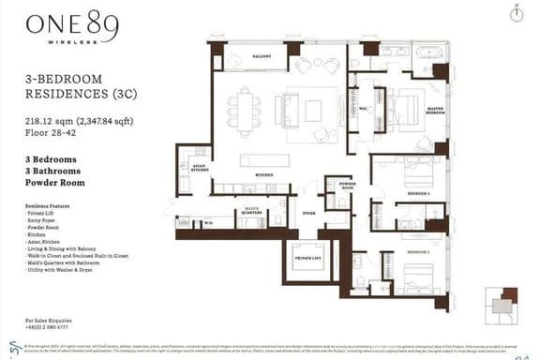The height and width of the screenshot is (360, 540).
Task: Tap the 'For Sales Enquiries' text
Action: tap(53, 320)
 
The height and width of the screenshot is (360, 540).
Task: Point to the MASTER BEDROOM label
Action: tap(434, 110)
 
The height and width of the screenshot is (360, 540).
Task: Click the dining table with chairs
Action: tap(245, 112)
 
